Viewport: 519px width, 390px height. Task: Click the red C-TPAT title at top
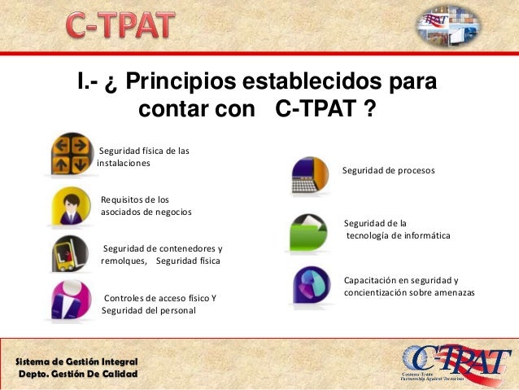[x=120, y=28]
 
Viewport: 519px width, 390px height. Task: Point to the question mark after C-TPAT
[x=369, y=107]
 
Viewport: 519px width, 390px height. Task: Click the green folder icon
[x=310, y=232]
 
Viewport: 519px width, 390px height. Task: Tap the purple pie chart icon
[x=311, y=287]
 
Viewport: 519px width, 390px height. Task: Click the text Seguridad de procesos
[x=388, y=171]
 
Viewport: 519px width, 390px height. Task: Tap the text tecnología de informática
[x=398, y=236]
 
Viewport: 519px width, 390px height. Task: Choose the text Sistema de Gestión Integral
[x=77, y=361]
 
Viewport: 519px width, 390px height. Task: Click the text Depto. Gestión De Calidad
[x=78, y=374]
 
